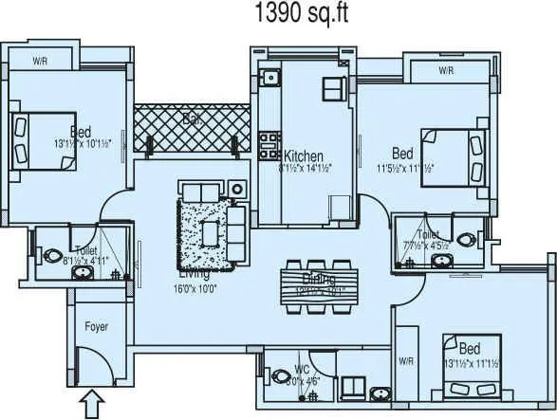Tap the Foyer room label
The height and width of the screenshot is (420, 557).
[x=96, y=327]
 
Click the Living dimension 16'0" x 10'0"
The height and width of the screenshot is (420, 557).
[x=195, y=288]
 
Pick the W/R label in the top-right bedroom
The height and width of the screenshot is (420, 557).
[x=446, y=70]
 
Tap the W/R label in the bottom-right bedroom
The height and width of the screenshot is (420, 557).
[x=405, y=361]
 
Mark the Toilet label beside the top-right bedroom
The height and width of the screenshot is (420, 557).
[x=428, y=233]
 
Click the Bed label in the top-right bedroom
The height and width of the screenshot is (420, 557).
[x=402, y=154]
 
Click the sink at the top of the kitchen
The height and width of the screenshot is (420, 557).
[x=269, y=76]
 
